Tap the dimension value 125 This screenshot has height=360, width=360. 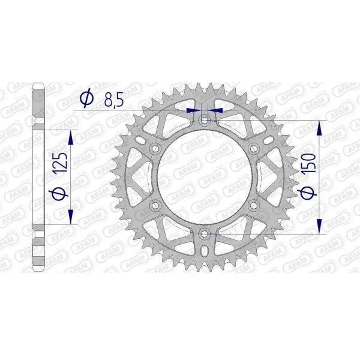pos(59,163)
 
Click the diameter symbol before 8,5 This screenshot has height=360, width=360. pos(86,98)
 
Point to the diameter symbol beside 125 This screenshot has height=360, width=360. pos(59,193)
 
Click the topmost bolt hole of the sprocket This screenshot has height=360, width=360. pos(205,120)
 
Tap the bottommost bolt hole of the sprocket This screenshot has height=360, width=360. pos(205,233)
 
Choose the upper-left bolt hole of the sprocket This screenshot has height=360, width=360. pos(157,148)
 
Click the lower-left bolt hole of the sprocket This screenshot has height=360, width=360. pos(157,205)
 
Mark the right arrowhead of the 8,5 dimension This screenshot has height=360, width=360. pos(217,110)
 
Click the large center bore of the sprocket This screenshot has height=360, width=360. pos(205,176)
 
